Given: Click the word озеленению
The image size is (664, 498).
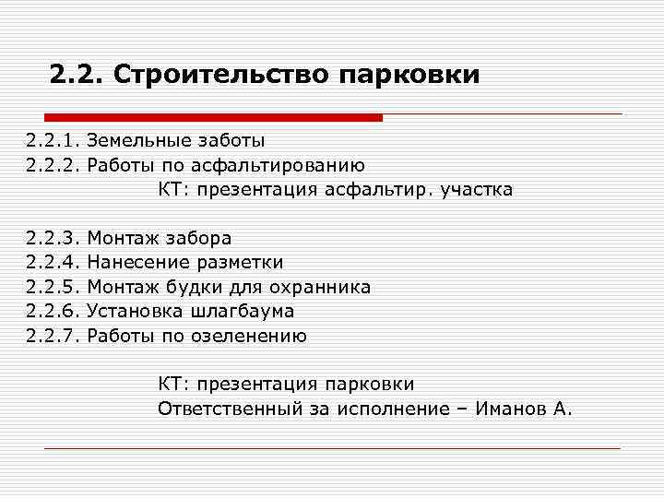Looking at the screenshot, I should pos(249,336).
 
